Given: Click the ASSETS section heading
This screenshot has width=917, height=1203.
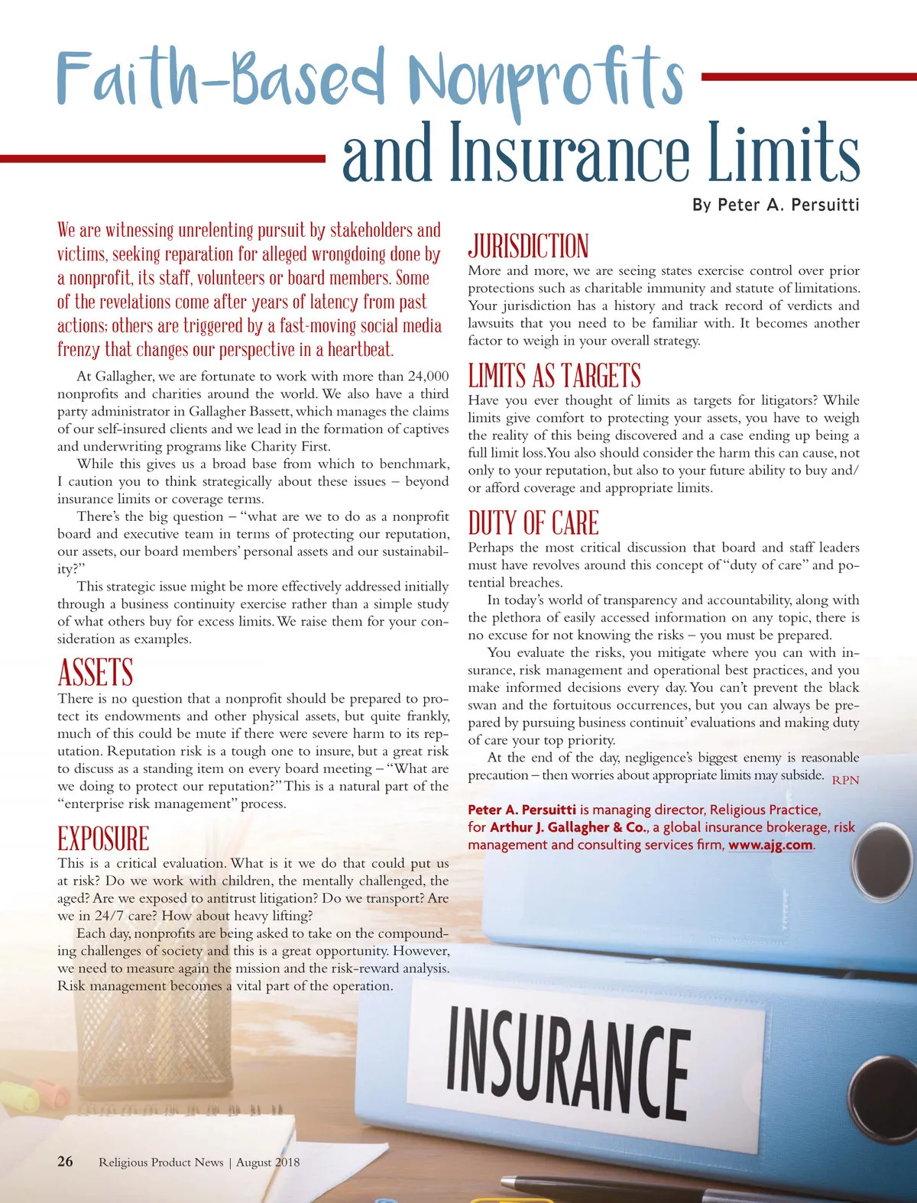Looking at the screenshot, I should [96, 673].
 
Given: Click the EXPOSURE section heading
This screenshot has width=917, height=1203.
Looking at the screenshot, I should [103, 839].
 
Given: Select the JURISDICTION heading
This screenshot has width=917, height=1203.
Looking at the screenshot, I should [528, 247].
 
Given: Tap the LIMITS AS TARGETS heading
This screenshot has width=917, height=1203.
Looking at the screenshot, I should [554, 377].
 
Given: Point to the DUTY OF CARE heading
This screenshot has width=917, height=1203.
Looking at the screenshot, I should [533, 524].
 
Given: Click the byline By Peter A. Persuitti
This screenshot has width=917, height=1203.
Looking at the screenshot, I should [776, 205].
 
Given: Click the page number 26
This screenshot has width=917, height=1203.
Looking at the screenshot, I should [66, 1161].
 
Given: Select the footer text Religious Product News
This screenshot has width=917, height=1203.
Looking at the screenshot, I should [160, 1162].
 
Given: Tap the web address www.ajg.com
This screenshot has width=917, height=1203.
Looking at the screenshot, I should [770, 845].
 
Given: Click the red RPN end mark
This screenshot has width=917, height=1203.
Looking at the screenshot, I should [845, 780].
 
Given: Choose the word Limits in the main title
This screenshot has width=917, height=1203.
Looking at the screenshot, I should [783, 153].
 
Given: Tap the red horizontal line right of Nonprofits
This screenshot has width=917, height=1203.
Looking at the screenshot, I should [808, 76].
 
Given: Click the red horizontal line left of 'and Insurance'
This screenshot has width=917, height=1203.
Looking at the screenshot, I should [163, 158].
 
